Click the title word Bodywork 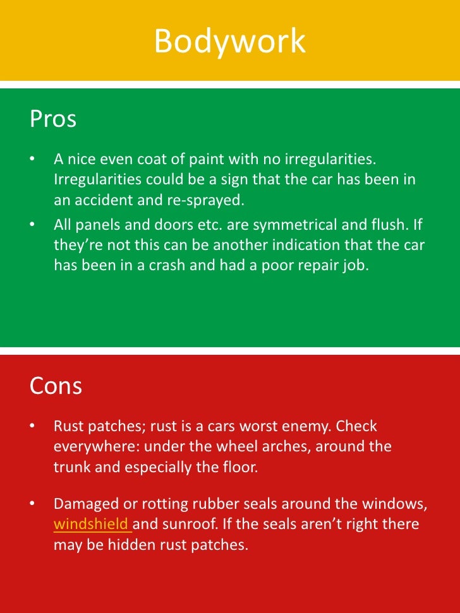[229, 42]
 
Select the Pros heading [53, 119]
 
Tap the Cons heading [56, 386]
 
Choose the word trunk [71, 467]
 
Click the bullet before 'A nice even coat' [32, 159]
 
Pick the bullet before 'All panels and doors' [32, 224]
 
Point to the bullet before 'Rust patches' [32, 426]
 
